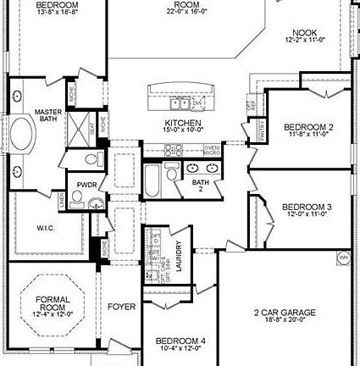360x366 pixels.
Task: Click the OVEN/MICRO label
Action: (213, 149)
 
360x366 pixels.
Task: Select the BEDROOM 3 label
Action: (306, 207)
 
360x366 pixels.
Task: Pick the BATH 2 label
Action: (200, 186)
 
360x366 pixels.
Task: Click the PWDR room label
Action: (86, 184)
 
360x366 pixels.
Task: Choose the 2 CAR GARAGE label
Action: (285, 313)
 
